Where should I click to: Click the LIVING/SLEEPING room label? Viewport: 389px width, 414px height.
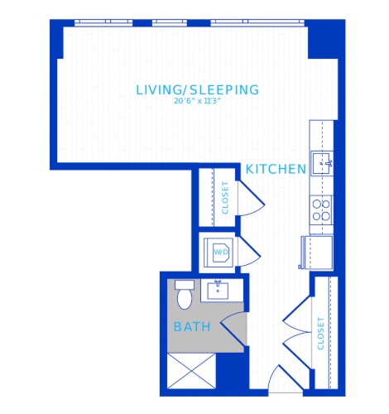click(198, 90)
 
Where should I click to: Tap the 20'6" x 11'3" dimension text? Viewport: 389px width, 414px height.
click(198, 101)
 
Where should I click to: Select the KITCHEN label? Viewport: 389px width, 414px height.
click(276, 169)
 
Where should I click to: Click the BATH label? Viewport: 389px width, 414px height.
click(192, 327)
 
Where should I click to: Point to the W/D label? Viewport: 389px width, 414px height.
click(221, 252)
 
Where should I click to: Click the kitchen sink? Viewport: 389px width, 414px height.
click(322, 163)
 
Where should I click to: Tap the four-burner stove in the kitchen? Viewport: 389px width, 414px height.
click(321, 210)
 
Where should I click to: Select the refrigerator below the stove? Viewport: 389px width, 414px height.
click(317, 253)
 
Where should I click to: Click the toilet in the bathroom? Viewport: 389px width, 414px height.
click(185, 295)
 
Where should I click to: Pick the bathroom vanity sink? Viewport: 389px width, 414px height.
click(218, 291)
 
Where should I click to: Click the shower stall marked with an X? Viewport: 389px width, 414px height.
click(191, 371)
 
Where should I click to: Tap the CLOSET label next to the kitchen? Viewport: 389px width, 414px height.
click(225, 198)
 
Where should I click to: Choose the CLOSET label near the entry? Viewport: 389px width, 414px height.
click(320, 334)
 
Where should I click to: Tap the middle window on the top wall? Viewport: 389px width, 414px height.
click(170, 22)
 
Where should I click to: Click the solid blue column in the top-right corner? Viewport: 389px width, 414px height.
click(325, 39)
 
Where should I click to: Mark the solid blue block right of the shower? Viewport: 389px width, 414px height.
click(233, 371)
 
